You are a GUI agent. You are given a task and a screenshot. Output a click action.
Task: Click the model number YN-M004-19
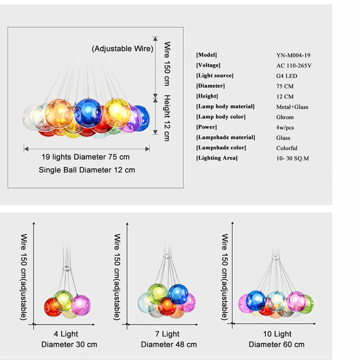coord(293,55)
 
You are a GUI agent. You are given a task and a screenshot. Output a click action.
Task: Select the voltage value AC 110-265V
coord(294,66)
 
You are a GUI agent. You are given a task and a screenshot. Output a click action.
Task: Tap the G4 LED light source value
coord(287,76)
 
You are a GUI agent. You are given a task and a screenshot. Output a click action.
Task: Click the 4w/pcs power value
coord(286,127)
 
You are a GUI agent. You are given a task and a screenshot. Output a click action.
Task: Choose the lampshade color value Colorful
coord(287,148)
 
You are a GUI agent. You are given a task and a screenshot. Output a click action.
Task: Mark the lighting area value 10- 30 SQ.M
coord(292,158)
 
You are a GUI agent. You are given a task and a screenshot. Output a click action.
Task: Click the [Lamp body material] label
coord(225,107)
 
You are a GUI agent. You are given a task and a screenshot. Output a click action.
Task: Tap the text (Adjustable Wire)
coord(122,49)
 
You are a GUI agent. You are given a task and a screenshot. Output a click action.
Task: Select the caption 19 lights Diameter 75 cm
coord(85,157)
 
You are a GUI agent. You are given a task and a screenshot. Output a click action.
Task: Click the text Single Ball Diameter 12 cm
coord(87,170)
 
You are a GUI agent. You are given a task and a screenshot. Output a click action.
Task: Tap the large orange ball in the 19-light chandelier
coord(59,112)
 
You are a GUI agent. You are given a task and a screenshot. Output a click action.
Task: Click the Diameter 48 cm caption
coord(169,344)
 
